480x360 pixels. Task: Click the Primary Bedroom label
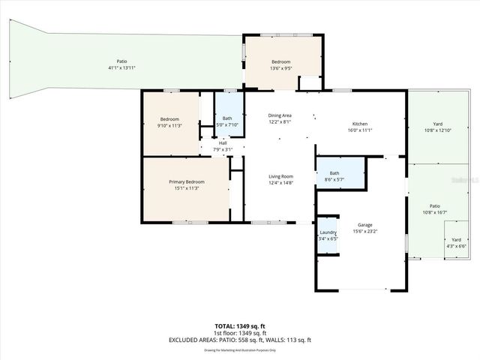(x=186, y=181)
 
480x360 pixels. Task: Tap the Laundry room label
(x=328, y=232)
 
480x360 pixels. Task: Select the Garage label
(x=365, y=225)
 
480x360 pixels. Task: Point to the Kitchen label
(x=360, y=124)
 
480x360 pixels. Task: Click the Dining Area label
(x=280, y=115)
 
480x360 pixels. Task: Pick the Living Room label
(x=280, y=176)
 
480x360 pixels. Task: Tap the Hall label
(x=223, y=143)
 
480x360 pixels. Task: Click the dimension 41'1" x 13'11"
(x=121, y=68)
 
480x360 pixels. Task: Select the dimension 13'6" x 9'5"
(x=280, y=67)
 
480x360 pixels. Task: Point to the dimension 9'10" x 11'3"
(x=169, y=125)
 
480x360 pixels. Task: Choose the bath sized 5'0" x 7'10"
(x=226, y=124)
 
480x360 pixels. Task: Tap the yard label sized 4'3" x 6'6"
(x=457, y=246)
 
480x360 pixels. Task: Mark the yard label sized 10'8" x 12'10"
(x=437, y=130)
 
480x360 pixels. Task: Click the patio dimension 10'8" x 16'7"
(x=434, y=212)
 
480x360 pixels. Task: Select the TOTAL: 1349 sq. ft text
(x=240, y=326)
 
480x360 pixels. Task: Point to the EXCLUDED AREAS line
(x=240, y=340)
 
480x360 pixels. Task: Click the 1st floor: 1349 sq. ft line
(x=240, y=333)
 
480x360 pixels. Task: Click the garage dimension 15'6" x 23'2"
(x=365, y=231)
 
